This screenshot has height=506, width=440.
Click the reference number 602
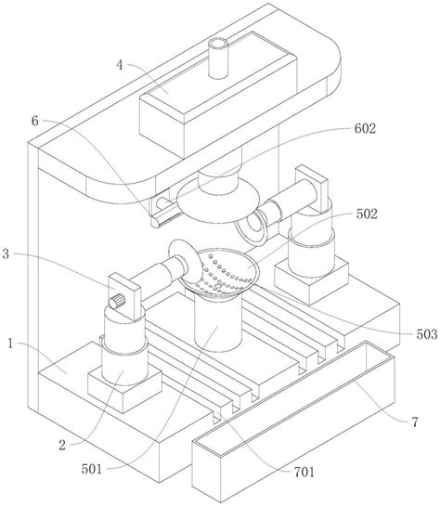coord(365,128)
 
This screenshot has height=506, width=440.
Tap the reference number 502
coord(367,214)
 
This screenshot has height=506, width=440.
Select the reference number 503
coord(427,334)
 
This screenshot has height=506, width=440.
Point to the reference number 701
coord(304,473)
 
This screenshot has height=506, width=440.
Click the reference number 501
coord(92,469)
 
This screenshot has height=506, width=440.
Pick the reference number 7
coord(415,422)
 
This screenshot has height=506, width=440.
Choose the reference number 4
coord(120,65)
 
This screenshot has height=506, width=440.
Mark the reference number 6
coord(35,121)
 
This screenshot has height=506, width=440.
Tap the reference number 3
coord(6,254)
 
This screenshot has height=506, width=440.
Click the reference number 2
coord(62,446)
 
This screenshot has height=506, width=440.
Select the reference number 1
coord(10,344)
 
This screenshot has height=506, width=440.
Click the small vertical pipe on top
coord(218,58)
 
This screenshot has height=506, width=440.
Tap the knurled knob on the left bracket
coord(117,301)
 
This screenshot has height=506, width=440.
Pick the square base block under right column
coord(311,281)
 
